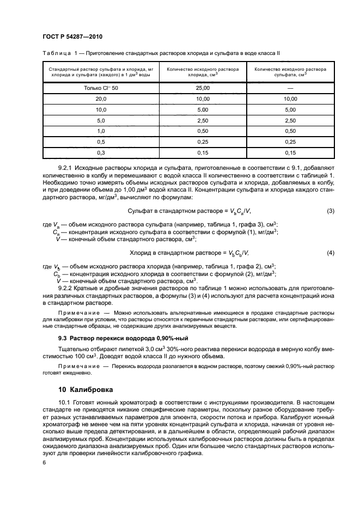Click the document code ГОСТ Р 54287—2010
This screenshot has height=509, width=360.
tap(72, 36)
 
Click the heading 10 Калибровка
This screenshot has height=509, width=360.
tap(86, 390)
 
